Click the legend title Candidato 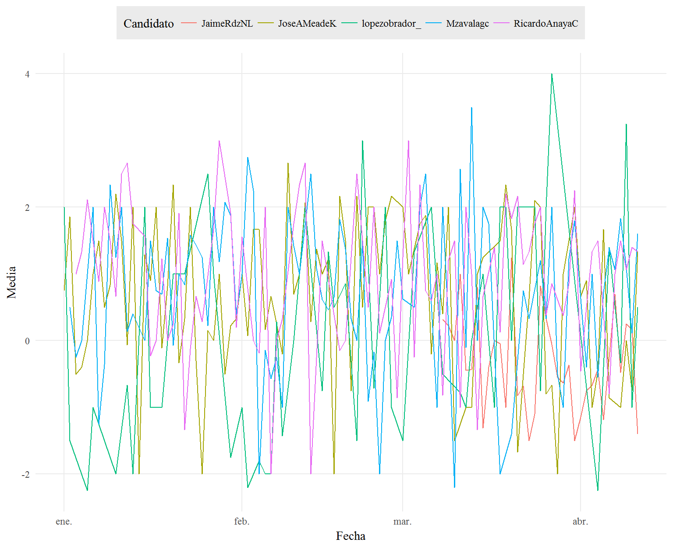pos(149,23)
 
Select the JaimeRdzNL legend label pos(227,23)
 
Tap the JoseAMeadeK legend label pos(307,23)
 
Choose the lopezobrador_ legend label pos(391,24)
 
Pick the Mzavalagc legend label pos(468,24)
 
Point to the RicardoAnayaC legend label pos(545,23)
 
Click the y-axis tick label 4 pos(27,74)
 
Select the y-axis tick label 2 pos(27,207)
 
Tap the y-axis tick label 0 pos(27,341)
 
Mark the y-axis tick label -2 pos(25,474)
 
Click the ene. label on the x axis pos(64,521)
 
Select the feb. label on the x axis pos(242,521)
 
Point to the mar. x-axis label pos(402,521)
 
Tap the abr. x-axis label pos(581,521)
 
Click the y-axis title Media pos(11,282)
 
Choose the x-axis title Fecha pos(351,536)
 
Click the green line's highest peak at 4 pos(552,74)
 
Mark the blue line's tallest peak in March pos(471,108)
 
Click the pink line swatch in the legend pos(501,23)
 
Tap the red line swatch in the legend pos(189,23)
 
